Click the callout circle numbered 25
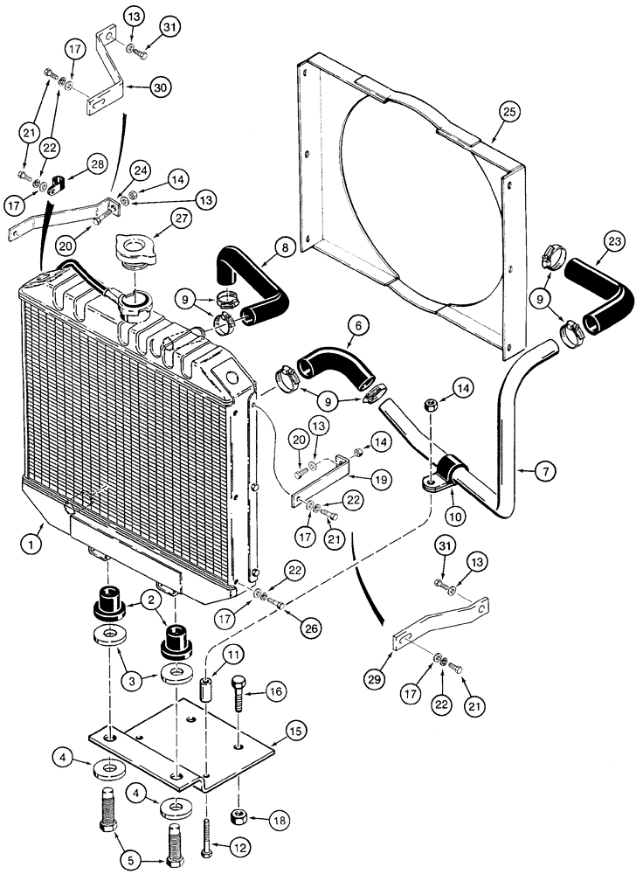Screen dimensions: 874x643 click(x=509, y=111)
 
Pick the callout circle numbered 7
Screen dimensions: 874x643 click(x=544, y=473)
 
